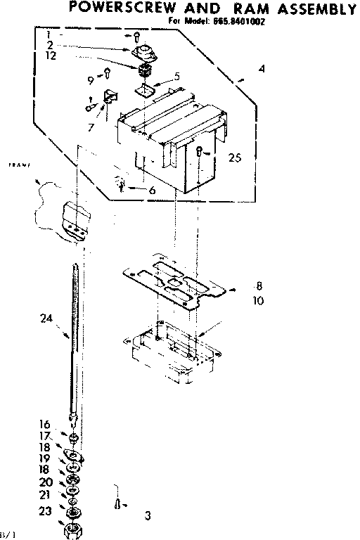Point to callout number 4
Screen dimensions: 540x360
coord(261,69)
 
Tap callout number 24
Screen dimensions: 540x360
coord(46,317)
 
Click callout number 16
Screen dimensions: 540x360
coord(44,424)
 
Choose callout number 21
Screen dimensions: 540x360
coord(44,495)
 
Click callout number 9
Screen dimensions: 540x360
coord(91,79)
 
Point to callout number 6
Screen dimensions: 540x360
coord(151,190)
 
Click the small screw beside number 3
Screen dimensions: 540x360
coord(117,503)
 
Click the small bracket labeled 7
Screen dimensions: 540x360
coord(108,97)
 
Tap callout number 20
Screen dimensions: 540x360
coord(44,482)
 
